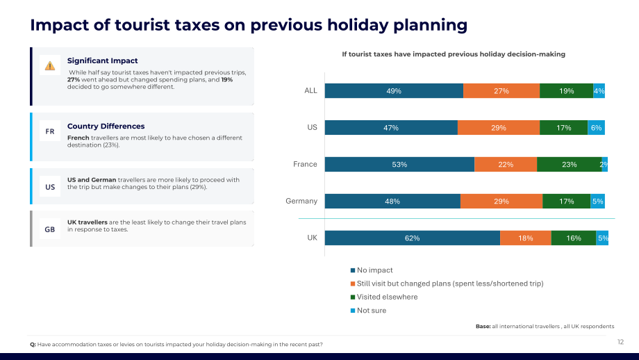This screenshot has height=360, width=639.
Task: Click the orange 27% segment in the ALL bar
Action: click(501, 91)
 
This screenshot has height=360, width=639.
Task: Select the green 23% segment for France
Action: click(570, 164)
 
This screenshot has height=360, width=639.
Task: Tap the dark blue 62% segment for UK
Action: click(413, 238)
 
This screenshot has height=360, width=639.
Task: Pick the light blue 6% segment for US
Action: click(596, 128)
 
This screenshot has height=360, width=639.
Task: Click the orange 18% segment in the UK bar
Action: click(526, 238)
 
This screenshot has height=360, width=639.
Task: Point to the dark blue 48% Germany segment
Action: click(392, 202)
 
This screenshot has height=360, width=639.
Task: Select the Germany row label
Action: click(301, 201)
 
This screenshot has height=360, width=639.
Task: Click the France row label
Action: click(305, 164)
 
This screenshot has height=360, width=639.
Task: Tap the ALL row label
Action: click(310, 90)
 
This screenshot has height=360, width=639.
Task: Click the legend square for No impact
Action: click(353, 270)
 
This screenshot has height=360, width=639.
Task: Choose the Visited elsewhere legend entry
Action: click(384, 297)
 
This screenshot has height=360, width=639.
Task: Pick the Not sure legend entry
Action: click(368, 310)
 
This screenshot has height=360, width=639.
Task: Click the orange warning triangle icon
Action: click(50, 65)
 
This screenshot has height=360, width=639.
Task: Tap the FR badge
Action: click(50, 131)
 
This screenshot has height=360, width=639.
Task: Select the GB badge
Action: click(50, 229)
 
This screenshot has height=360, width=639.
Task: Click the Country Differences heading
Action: click(106, 126)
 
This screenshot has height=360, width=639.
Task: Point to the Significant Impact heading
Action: click(102, 60)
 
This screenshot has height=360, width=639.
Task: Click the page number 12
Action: click(620, 342)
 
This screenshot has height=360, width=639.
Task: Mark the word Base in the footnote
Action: click(483, 326)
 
